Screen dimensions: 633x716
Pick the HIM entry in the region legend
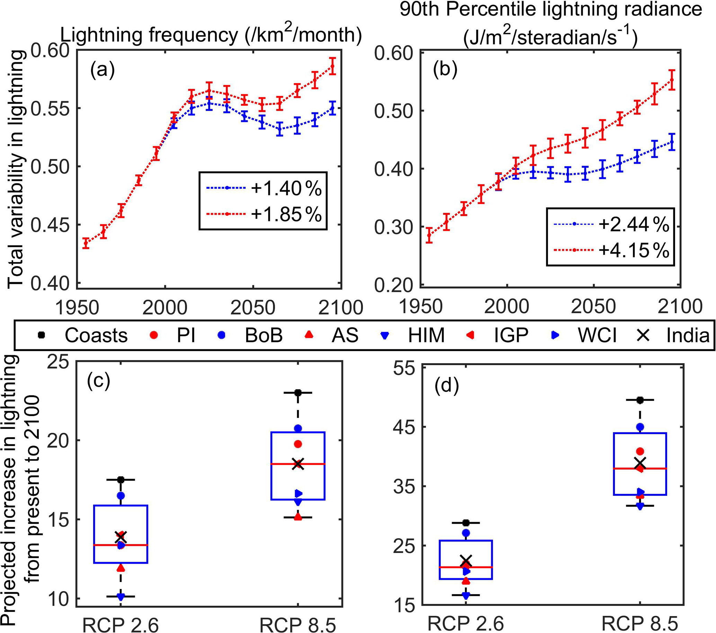click(x=426, y=336)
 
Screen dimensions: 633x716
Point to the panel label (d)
click(x=446, y=386)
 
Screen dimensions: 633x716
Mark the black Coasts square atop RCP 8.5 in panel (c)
click(x=298, y=393)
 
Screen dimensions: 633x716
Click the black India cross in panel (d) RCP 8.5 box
click(x=640, y=463)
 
